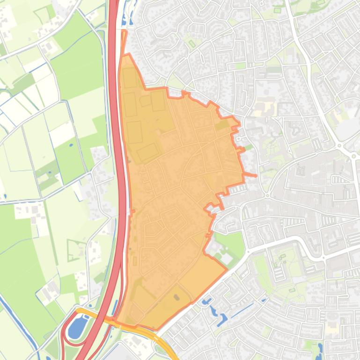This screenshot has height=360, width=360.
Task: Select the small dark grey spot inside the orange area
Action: click(176, 297)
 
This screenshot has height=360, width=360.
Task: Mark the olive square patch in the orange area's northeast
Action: click(221, 125)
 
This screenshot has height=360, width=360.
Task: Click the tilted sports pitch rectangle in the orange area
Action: click(148, 151)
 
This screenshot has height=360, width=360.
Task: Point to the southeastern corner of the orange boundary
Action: click(227, 269)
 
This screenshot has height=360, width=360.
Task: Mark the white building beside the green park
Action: click(226, 259)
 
